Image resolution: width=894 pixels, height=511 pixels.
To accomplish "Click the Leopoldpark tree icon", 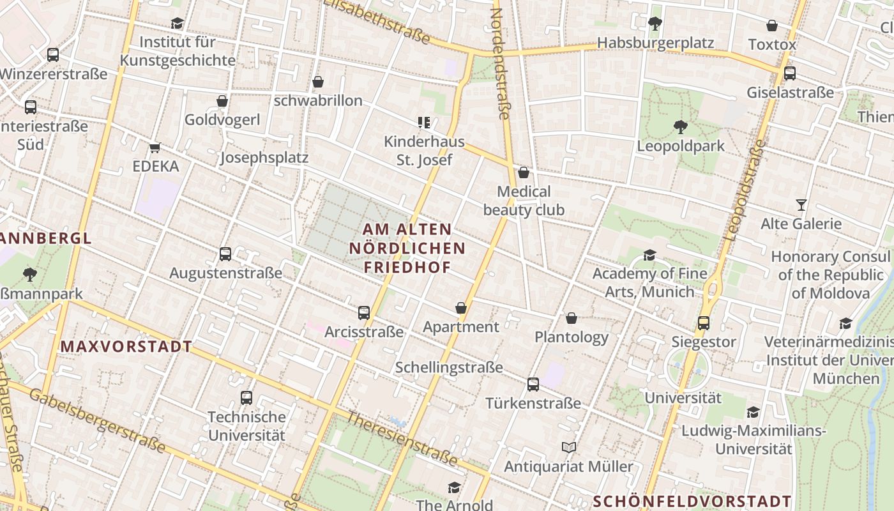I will point(681,127).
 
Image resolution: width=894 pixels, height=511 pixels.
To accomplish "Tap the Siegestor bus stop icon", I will point(704,323).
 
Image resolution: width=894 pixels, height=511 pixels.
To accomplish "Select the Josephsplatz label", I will point(264,158).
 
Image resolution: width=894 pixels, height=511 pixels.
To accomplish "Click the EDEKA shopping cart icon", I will point(155,148).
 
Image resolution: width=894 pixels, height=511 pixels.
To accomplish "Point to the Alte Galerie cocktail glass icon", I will point(801,205).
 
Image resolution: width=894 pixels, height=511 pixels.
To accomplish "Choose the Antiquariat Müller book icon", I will point(568,448).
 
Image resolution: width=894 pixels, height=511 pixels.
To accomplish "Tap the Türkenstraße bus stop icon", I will point(533,385).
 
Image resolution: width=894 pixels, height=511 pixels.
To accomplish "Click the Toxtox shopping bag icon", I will point(772,26).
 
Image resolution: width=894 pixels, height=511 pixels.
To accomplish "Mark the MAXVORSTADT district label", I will point(126,347).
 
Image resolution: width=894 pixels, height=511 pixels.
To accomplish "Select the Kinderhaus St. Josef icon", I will point(424,122).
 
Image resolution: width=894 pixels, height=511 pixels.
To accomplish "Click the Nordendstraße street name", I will point(500,64).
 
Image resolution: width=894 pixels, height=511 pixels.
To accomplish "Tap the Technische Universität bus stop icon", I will point(246,398).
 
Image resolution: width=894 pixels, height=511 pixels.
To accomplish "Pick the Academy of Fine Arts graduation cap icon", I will point(649,256).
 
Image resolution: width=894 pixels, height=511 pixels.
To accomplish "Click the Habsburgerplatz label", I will point(655,43).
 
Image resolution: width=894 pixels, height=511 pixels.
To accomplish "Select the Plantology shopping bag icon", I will point(572,318).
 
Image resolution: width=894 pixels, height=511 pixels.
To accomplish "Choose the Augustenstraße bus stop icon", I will point(225,254).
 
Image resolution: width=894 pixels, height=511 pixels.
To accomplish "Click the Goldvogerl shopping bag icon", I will point(222,102).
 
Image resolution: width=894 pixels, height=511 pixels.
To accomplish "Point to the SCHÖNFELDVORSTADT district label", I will point(692,501).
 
